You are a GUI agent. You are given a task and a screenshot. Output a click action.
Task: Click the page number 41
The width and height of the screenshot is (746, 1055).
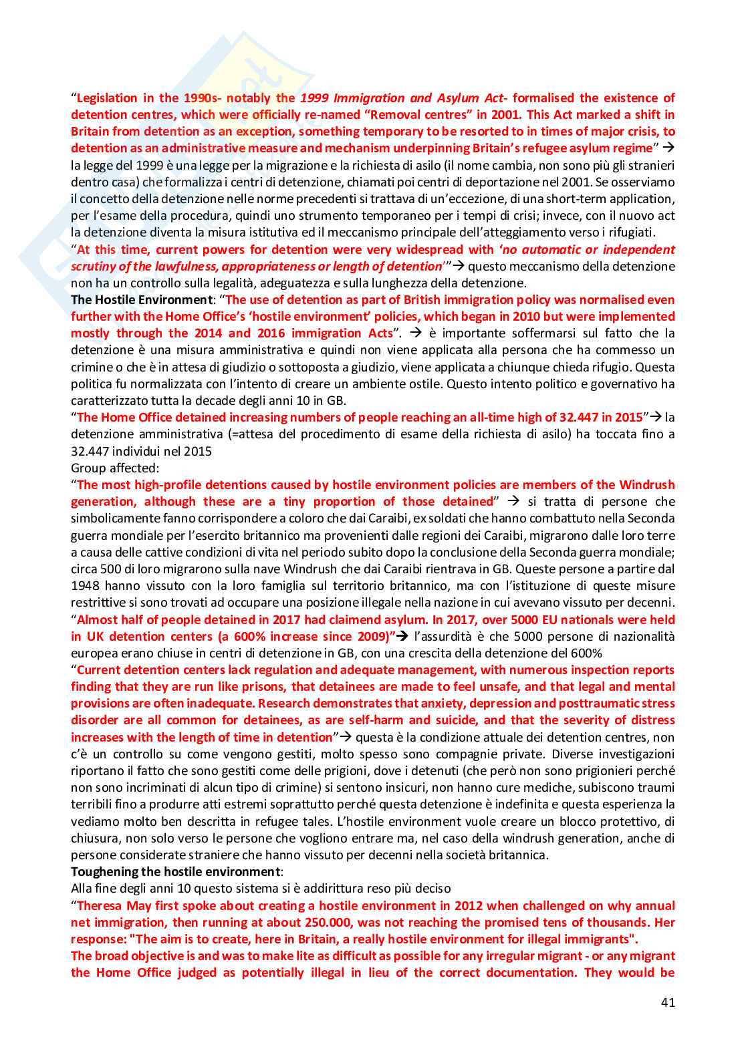(x=668, y=1002)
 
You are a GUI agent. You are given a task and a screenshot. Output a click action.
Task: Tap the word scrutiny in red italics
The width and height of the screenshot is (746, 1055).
(x=94, y=267)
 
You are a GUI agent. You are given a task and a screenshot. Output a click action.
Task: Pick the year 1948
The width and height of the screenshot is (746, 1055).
(x=85, y=586)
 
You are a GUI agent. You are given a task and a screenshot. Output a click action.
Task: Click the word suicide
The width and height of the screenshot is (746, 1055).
(x=457, y=720)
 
